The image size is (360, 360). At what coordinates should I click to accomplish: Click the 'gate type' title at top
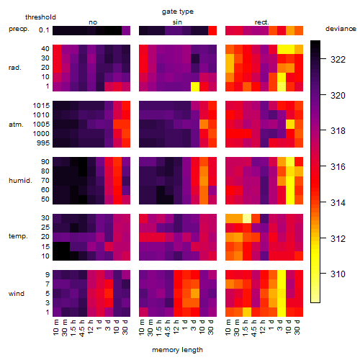point(178,12)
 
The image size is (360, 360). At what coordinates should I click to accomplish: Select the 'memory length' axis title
point(177,350)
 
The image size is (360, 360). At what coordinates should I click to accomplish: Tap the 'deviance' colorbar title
point(341,29)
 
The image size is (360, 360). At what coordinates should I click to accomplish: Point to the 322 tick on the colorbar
point(323,59)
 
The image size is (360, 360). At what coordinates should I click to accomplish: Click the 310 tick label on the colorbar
point(338,274)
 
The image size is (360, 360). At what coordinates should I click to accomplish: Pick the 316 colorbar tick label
point(338,166)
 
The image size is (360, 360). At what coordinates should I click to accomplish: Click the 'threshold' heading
point(40,17)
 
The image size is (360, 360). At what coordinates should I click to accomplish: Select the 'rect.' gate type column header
point(262,22)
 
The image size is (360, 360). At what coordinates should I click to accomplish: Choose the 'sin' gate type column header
point(177,22)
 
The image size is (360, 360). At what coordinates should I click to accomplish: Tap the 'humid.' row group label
point(20,181)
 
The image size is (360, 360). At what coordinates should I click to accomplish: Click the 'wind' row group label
point(17,294)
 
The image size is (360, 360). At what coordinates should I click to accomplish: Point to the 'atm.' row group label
point(16,125)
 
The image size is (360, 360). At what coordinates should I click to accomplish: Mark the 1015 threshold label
point(41,106)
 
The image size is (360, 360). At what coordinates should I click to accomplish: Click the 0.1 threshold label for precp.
point(44,30)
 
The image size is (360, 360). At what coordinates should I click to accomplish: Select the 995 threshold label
point(43,143)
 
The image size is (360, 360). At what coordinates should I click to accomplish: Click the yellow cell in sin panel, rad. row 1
point(195,86)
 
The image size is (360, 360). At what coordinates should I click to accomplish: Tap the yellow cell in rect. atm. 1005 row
point(290,124)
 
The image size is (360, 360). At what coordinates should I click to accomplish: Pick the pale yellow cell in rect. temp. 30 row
point(247,218)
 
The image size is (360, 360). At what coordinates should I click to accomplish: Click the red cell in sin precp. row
point(212,30)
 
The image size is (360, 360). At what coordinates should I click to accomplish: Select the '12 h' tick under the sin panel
point(176,327)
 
